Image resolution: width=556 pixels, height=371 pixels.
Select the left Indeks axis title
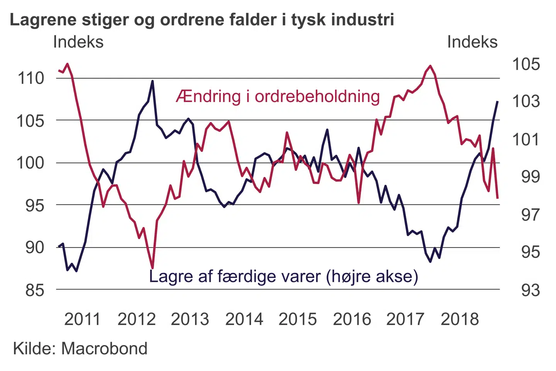[78, 42]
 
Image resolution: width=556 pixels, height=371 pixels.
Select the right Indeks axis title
[472, 42]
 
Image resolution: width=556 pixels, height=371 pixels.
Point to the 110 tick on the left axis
[31, 78]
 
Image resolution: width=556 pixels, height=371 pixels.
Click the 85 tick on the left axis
[35, 290]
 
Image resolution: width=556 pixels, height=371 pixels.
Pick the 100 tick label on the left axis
[31, 163]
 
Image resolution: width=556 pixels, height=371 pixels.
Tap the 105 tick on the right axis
[526, 64]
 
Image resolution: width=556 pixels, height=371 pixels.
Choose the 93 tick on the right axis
[530, 290]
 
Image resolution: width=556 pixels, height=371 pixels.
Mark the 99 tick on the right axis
[530, 177]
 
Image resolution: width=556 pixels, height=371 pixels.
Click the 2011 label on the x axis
[82, 320]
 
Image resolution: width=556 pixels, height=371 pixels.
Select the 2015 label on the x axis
[297, 320]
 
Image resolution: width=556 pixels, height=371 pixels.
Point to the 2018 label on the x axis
[459, 320]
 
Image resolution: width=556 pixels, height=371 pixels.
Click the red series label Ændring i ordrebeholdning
[278, 97]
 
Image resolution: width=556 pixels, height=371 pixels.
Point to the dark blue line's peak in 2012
[153, 81]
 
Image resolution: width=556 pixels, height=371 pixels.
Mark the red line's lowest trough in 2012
[153, 267]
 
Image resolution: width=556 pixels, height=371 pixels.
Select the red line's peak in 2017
[430, 66]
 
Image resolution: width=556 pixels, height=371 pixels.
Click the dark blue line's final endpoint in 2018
[497, 102]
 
